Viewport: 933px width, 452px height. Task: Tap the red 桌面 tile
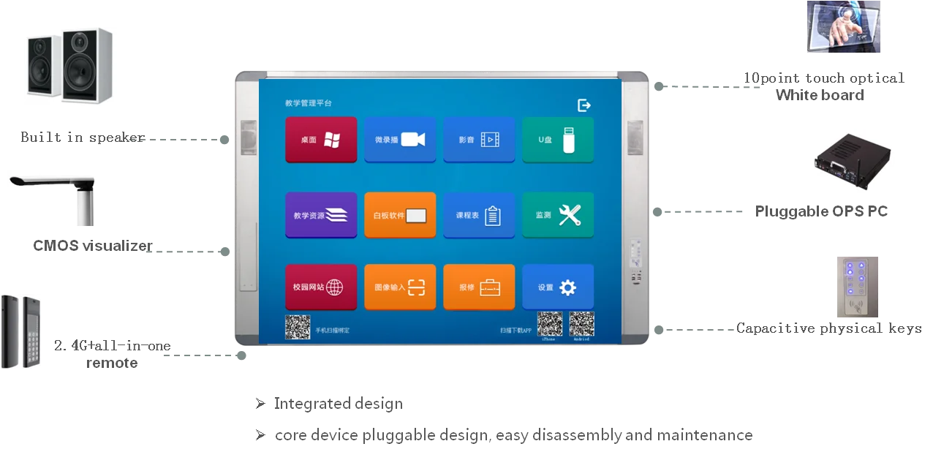321,139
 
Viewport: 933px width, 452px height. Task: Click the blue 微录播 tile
400,139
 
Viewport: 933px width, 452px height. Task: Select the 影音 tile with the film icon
479,139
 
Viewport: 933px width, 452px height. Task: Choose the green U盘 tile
558,139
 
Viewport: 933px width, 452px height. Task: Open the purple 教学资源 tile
321,215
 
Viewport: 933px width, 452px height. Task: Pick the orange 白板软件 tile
400,215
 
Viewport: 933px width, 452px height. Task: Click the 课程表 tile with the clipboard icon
479,215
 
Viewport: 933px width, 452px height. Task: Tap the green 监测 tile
558,215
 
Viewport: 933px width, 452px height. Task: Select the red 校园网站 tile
321,287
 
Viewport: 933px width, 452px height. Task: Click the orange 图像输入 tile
400,287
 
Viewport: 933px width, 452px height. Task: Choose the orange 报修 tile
479,287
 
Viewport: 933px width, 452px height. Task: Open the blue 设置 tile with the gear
558,287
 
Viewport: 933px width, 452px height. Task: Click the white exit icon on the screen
584,105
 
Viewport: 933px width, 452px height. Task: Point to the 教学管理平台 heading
309,103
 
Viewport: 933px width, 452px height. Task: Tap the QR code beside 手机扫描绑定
298,327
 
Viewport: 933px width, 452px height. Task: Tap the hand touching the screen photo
845,26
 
